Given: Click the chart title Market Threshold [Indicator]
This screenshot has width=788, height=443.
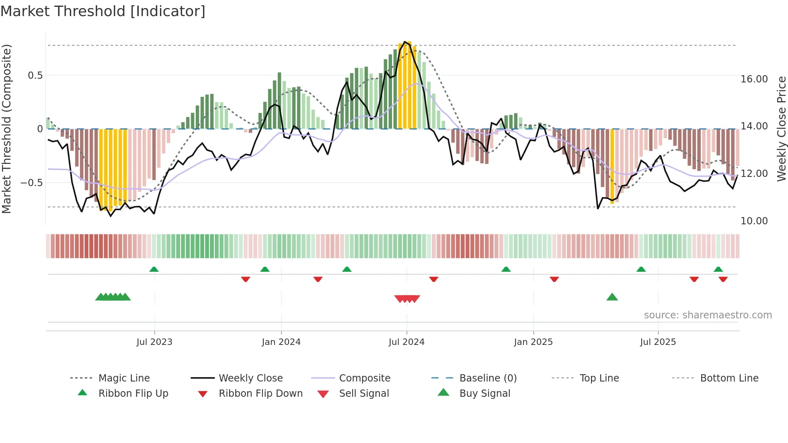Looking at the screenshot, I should point(103,11).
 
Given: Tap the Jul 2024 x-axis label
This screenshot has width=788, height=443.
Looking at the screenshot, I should point(406,342).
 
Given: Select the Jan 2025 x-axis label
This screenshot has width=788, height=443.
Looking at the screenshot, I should point(533,342).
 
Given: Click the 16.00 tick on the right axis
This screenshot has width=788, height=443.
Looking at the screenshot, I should point(754,79).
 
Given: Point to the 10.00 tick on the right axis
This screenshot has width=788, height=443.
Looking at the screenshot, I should point(754,221).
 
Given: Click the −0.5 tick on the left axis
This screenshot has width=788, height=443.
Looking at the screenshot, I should point(32,183).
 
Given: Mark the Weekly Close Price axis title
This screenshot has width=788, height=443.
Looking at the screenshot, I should point(781,129).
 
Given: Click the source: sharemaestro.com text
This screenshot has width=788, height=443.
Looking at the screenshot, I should point(708,315).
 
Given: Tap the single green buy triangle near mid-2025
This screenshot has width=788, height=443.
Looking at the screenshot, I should point(612,297).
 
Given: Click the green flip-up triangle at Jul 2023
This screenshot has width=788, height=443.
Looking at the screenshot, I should point(154,269).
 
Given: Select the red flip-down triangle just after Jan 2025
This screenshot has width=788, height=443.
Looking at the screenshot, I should point(554,279).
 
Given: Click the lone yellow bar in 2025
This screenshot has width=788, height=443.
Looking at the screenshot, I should point(612,166).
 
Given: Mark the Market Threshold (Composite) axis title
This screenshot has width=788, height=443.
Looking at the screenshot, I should point(6,129).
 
